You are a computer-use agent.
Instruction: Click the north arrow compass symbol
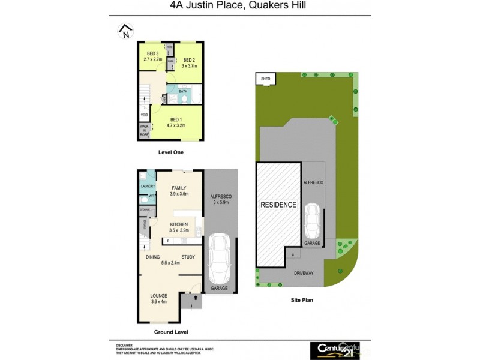click(125, 31)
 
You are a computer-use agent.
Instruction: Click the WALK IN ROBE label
click(145, 131)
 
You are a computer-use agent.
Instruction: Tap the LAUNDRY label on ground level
click(148, 186)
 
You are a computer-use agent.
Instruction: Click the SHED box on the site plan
click(264, 79)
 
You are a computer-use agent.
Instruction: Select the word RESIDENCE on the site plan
click(278, 205)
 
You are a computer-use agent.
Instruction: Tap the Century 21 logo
click(334, 349)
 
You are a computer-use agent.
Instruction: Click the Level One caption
click(170, 152)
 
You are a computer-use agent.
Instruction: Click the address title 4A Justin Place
click(239, 7)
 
